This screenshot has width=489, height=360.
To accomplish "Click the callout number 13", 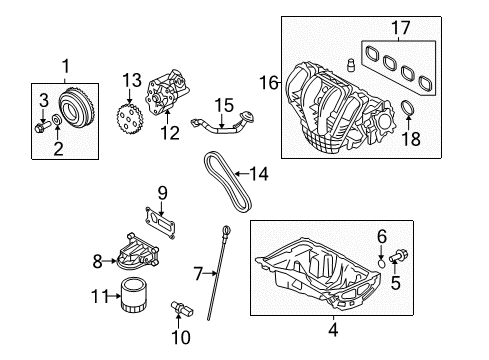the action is (x=132, y=81).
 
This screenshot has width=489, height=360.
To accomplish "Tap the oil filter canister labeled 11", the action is (x=133, y=295).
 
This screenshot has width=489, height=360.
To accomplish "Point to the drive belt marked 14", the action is (x=227, y=182).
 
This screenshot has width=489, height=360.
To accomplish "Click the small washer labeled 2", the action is (x=57, y=119).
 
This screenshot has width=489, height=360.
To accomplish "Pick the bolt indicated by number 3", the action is (x=42, y=127).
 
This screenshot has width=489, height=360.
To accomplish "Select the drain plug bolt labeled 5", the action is (x=398, y=256).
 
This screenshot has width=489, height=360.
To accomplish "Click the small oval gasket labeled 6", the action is (x=382, y=264).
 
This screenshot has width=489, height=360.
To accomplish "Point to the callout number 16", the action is (x=269, y=82).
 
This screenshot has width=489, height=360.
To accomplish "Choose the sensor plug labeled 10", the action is (x=182, y=308).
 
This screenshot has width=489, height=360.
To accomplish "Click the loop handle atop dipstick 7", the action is (x=227, y=230).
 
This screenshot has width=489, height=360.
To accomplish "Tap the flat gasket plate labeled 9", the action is (x=159, y=222).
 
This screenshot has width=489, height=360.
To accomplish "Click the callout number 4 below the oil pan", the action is (x=333, y=330).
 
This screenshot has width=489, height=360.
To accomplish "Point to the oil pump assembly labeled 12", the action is (x=168, y=93).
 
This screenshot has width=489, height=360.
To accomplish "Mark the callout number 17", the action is (x=400, y=27).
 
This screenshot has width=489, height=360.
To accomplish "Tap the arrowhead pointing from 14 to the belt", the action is (x=238, y=173).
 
